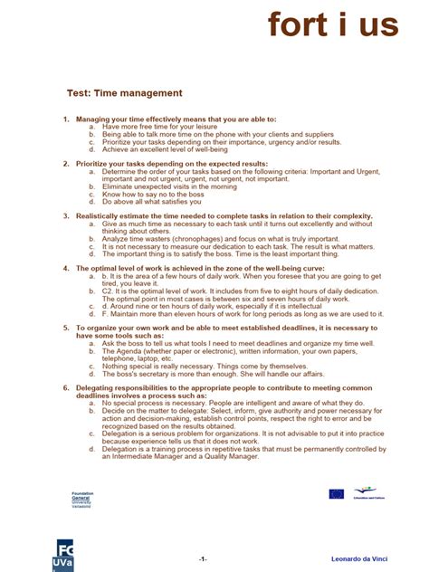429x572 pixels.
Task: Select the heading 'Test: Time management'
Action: click(x=125, y=93)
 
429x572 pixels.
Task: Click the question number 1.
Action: click(x=66, y=119)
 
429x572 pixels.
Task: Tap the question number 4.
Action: click(x=66, y=268)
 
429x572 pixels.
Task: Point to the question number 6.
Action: click(x=66, y=386)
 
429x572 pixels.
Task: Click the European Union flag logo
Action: click(x=337, y=494)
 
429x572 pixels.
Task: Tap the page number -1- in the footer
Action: click(x=203, y=558)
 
